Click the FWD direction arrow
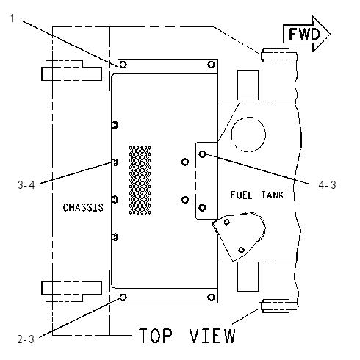306,34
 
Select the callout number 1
12,18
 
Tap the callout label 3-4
26,184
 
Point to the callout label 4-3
327,184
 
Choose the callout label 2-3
26,339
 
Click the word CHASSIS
83,208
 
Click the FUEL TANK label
257,195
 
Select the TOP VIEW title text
187,336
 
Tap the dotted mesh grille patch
140,180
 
